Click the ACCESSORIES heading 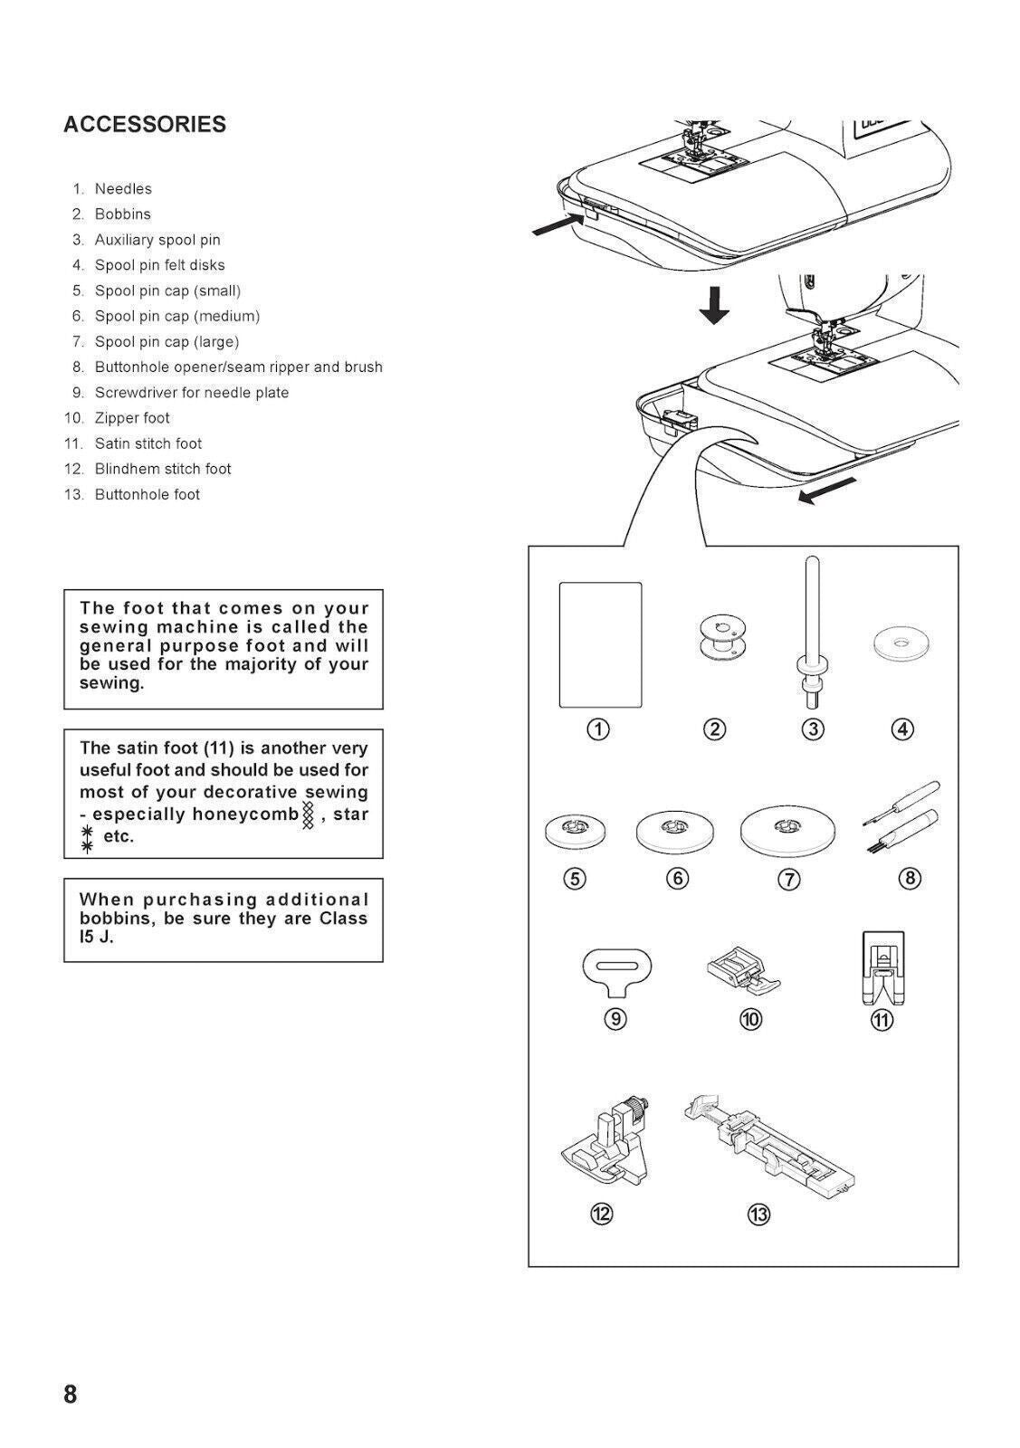pos(145,124)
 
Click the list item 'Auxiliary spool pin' pos(157,240)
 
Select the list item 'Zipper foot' pos(132,418)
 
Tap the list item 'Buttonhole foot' pos(147,494)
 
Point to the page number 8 pos(71,1394)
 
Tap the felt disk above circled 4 pos(901,645)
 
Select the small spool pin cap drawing pos(576,829)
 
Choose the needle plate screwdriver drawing pos(616,968)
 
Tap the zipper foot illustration pos(744,973)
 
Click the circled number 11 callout pos(882,1020)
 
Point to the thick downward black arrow pos(715,306)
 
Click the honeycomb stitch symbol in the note pos(309,814)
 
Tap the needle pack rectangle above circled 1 pos(600,644)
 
